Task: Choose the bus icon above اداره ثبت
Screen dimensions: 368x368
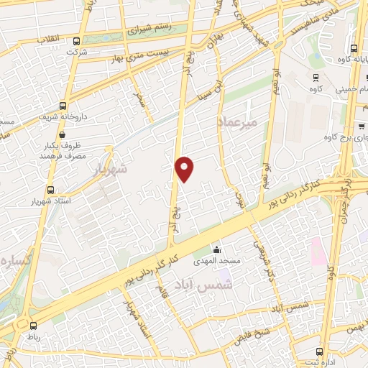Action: pyautogui.click(x=318, y=351)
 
